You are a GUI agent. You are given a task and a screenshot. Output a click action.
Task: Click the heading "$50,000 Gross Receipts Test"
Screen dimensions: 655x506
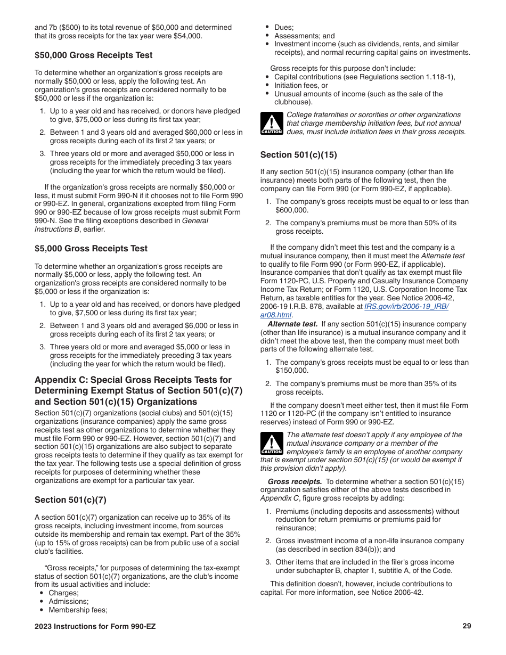[93, 55]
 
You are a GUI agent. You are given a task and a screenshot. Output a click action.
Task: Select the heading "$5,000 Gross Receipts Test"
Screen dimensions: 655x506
[91, 249]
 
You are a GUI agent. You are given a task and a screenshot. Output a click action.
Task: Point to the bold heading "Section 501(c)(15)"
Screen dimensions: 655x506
[298, 155]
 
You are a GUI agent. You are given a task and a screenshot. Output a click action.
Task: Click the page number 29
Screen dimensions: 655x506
[467, 626]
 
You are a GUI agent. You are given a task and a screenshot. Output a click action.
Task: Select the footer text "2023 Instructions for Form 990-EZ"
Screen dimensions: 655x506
[95, 626]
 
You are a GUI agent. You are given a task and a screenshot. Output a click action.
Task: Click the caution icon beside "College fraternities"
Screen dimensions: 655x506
[271, 124]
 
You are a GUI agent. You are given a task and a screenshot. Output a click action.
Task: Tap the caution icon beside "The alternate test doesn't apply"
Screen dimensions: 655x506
[271, 444]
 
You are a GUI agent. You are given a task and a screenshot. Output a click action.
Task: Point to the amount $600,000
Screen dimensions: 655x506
[292, 210]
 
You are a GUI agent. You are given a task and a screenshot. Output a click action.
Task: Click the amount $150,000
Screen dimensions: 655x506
[292, 371]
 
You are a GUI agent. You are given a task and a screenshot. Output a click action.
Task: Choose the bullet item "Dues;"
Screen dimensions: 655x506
[284, 27]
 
